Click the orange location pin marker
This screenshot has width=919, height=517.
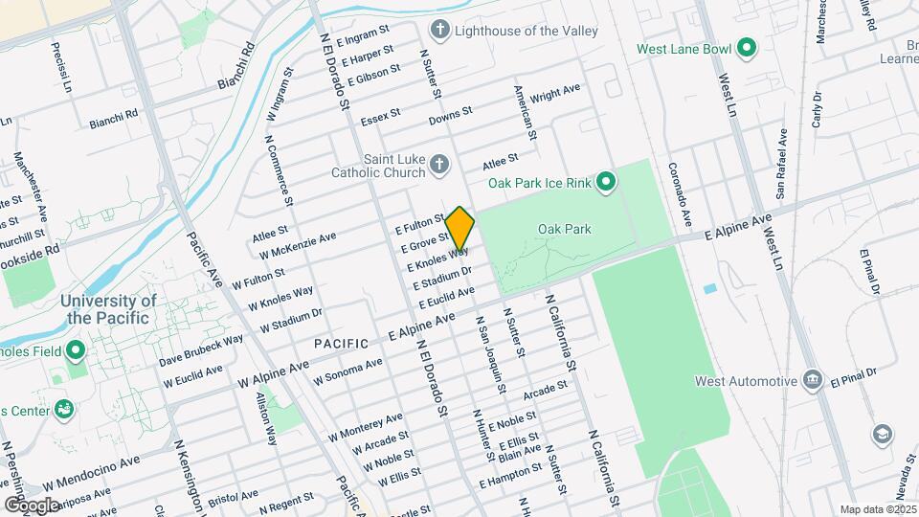[x=459, y=230]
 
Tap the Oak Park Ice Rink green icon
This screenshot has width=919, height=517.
[x=605, y=181]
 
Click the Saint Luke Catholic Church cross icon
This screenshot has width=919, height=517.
[x=439, y=166]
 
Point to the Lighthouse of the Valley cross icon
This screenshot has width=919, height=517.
[x=440, y=30]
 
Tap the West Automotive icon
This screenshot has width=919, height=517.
[x=813, y=381]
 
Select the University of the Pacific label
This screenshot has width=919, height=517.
[x=108, y=308]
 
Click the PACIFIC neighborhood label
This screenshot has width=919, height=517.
[x=342, y=343]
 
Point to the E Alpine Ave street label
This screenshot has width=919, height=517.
[x=737, y=228]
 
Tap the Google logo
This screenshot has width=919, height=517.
[x=31, y=505]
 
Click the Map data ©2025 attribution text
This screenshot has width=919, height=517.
[x=876, y=509]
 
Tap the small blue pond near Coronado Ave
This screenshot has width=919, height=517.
[x=709, y=288]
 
